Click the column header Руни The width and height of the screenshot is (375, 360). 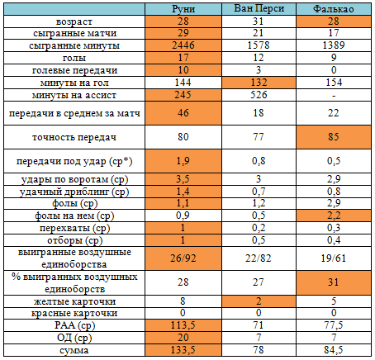pos(183,9)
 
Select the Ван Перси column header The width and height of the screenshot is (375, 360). pos(259,8)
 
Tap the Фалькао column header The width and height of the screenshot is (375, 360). pos(334,9)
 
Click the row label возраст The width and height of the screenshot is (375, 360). pos(74,21)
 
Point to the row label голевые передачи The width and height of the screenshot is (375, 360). pos(74,70)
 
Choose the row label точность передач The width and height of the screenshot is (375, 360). pos(74,137)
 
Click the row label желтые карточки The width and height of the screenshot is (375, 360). pos(74,301)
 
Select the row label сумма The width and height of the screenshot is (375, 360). pos(74,350)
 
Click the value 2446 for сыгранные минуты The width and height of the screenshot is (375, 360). pos(183,45)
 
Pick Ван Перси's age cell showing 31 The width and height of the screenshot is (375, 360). pos(259,21)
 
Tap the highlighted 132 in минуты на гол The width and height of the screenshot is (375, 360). pos(259,83)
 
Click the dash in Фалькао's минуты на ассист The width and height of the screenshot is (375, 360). pos(334,96)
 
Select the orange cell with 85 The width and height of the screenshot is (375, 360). pos(334,137)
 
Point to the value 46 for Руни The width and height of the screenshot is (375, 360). pos(183,113)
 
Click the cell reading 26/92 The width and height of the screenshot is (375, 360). pos(183,258)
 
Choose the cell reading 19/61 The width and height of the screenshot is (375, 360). pos(334,258)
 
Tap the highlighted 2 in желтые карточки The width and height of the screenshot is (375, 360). pos(259,301)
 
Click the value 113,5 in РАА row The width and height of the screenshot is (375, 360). pos(183,325)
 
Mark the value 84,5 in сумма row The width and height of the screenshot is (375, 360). pos(334,350)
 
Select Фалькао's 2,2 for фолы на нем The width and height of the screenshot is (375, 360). pos(334,216)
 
